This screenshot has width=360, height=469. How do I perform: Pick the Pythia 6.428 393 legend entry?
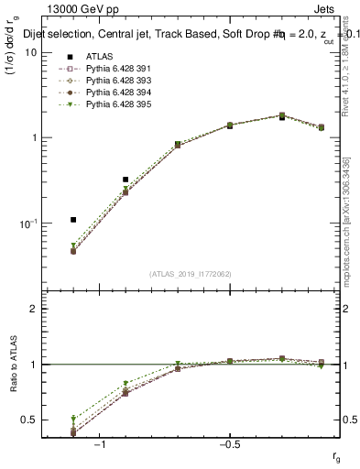pyautogui.click(x=101, y=81)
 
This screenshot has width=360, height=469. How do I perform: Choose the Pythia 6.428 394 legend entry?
pyautogui.click(x=101, y=93)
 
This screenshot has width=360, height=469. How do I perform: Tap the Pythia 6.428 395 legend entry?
pyautogui.click(x=101, y=105)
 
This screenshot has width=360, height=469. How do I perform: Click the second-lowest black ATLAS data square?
pyautogui.click(x=125, y=180)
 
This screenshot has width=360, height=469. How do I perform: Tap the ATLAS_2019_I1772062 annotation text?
pyautogui.click(x=191, y=274)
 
